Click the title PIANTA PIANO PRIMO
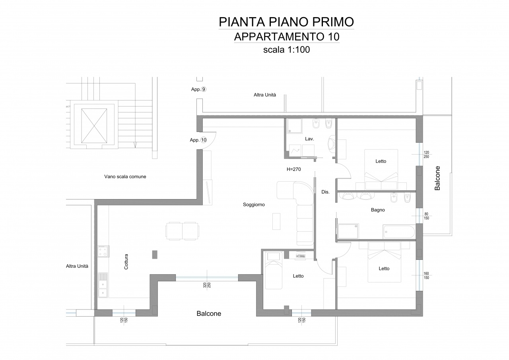[x=286, y=22]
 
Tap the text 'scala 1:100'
[x=287, y=50]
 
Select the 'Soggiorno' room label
[x=254, y=205]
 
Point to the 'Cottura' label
[x=126, y=262]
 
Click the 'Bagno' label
[x=378, y=210]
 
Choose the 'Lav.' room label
[x=309, y=139]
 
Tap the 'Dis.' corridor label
[x=325, y=192]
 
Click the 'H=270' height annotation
[x=294, y=169]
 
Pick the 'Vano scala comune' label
[x=125, y=176]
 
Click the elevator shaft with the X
[x=94, y=126]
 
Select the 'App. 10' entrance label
[x=198, y=140]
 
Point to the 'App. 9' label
[x=198, y=89]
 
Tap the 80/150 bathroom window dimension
[x=426, y=216]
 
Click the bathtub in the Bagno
[x=398, y=232]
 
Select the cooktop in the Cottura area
[x=103, y=251]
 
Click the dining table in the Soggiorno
[x=182, y=231]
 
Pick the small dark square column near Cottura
[x=155, y=254]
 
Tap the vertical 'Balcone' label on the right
[x=437, y=178]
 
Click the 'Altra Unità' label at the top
[x=265, y=95]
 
